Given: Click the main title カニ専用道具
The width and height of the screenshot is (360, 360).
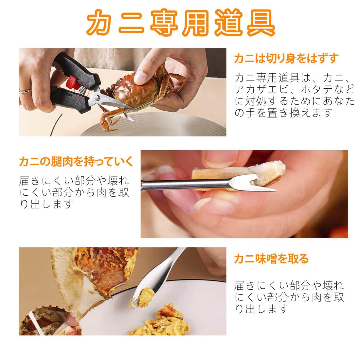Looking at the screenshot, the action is point(181,23).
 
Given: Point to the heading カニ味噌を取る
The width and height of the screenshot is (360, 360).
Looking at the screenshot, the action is point(271,259).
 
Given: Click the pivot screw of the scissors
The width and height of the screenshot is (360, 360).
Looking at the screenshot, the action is point(97,98).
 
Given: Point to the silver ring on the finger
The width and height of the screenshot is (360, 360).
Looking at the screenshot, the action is point(25,91).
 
